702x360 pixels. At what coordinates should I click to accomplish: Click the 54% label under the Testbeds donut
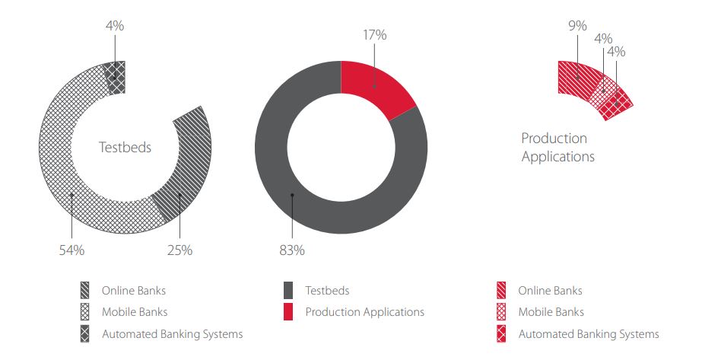coord(71,250)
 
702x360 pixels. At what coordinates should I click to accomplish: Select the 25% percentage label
coord(180,250)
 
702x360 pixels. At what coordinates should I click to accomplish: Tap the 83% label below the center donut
coord(292,250)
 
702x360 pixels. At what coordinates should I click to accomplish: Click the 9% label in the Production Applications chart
coord(577,25)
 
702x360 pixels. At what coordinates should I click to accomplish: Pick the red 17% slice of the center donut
coord(374,88)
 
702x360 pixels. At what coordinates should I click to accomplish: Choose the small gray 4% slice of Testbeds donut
coord(116,76)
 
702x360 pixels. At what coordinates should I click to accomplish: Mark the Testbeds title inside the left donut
coord(125,148)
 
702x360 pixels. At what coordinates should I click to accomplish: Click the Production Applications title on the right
coord(557,148)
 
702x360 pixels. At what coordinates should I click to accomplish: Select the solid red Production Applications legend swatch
coord(287,312)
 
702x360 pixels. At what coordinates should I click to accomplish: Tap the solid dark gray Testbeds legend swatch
coord(287,291)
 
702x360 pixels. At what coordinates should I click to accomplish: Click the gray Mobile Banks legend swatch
coord(84,312)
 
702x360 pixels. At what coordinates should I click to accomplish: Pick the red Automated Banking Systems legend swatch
coord(501,334)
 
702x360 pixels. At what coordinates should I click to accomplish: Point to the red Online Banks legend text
coord(550,291)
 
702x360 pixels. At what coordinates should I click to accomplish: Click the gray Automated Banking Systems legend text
coord(172,334)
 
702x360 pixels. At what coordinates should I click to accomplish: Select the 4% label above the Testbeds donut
coord(115,26)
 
